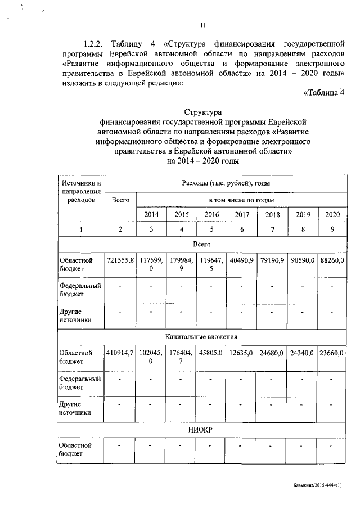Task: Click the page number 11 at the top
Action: [203, 24]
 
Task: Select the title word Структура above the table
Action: [203, 112]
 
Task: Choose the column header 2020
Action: [332, 214]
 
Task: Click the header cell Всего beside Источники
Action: [120, 199]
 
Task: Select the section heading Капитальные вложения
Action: [201, 336]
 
